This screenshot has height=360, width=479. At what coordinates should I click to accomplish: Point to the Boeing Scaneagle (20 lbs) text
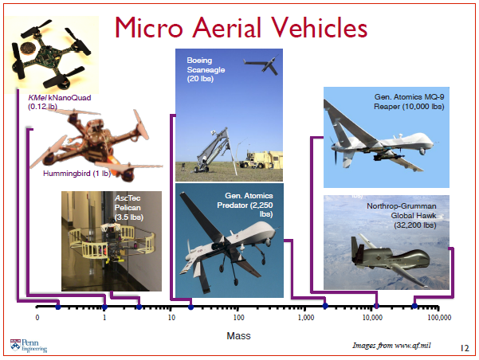(x=206, y=70)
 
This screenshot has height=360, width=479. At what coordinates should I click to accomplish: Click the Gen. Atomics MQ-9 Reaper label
(x=408, y=101)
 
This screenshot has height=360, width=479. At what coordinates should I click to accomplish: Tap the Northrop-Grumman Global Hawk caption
(x=402, y=215)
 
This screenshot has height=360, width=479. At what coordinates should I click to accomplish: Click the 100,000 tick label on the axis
(x=439, y=318)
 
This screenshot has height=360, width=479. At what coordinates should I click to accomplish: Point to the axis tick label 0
(x=37, y=318)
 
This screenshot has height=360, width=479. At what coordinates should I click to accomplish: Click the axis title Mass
(x=238, y=336)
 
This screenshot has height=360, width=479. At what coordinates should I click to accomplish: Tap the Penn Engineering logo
(x=29, y=344)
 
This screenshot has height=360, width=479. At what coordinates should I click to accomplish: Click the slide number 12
(x=465, y=348)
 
